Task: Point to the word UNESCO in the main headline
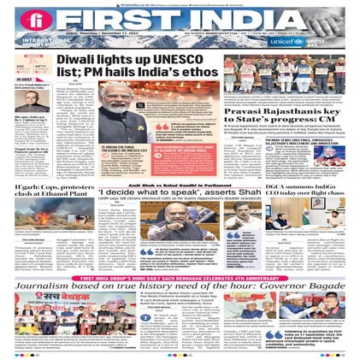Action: (175, 61)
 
